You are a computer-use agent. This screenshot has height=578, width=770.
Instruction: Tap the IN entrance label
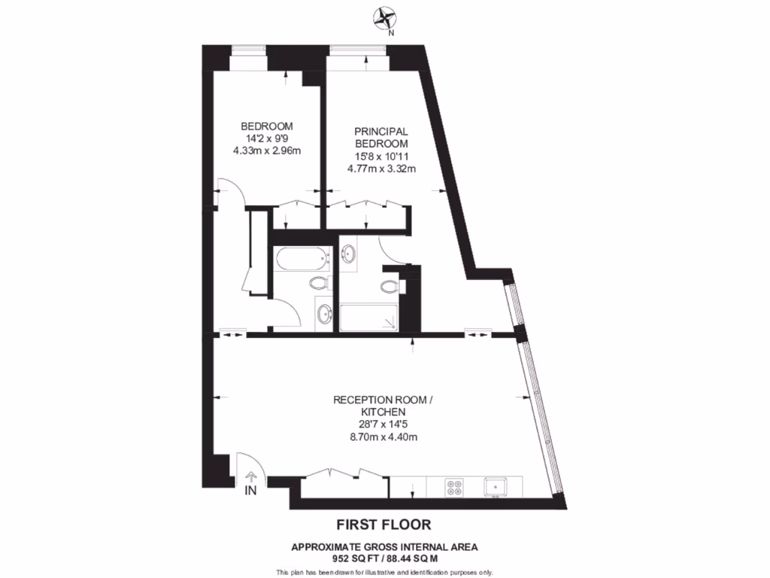(250, 491)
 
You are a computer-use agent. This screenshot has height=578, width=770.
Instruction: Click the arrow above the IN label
(251, 476)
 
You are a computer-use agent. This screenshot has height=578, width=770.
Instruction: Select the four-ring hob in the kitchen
(455, 487)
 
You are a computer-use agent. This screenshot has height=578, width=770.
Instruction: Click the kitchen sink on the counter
(496, 487)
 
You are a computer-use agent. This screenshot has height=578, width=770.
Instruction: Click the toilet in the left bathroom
(319, 284)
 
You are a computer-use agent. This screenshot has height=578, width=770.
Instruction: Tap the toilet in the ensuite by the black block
(390, 286)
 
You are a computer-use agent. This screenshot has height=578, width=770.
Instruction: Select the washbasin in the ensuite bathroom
(349, 254)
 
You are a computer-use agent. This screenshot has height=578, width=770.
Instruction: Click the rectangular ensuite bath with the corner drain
(368, 317)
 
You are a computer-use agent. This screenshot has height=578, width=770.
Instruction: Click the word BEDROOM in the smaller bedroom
(267, 126)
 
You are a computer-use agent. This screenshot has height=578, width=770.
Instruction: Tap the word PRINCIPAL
(381, 132)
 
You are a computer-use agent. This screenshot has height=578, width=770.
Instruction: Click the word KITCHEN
(383, 412)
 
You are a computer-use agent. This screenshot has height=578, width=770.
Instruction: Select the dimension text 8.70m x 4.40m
(383, 437)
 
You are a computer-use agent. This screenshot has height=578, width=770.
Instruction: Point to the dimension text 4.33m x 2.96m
(267, 151)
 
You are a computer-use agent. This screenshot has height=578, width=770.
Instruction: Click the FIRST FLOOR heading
(383, 524)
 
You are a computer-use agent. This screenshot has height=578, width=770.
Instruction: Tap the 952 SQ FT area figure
(355, 558)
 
